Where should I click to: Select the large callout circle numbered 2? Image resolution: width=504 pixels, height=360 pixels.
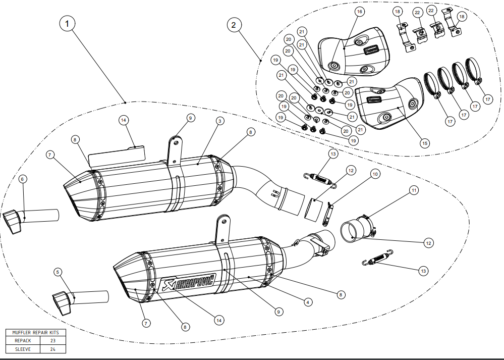pos(234,24)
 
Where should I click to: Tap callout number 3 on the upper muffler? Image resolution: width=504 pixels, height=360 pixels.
pos(220,121)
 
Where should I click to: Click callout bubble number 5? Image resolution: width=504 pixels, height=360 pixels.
pos(59,273)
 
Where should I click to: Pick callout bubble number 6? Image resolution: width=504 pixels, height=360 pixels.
pos(23,179)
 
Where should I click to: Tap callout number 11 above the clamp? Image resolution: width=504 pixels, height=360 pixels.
pos(414,190)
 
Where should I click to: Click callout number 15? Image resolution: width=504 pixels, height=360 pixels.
pos(424,143)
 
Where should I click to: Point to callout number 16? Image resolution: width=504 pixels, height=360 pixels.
pos(359,11)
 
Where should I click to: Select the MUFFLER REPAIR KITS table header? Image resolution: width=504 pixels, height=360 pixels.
pos(35,333)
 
